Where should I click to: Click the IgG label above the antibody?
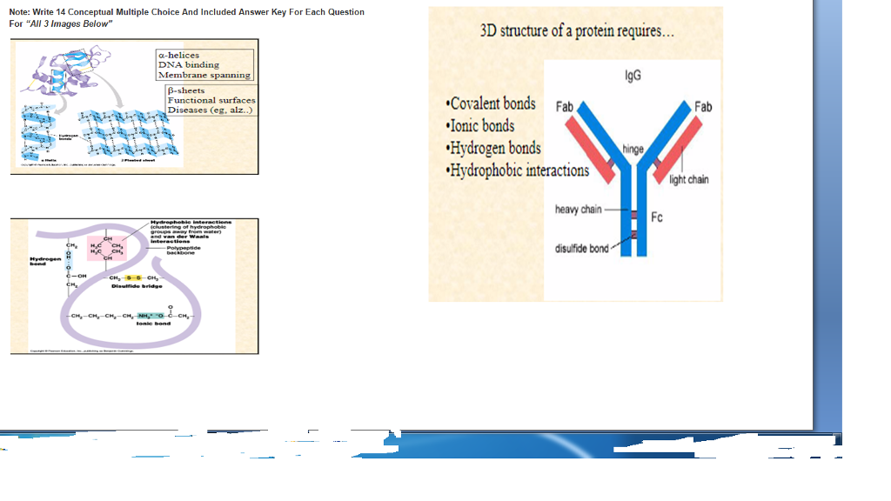tap(633, 76)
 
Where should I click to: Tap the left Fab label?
tap(564, 106)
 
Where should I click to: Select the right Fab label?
tap(703, 106)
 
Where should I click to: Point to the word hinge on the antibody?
tap(633, 149)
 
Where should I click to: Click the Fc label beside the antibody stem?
tap(657, 217)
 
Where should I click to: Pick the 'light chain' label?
tap(689, 180)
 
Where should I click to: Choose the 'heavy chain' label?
tap(579, 210)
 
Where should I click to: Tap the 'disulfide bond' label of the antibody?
tap(582, 249)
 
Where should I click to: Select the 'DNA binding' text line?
tap(188, 65)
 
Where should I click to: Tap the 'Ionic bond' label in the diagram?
tap(153, 324)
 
